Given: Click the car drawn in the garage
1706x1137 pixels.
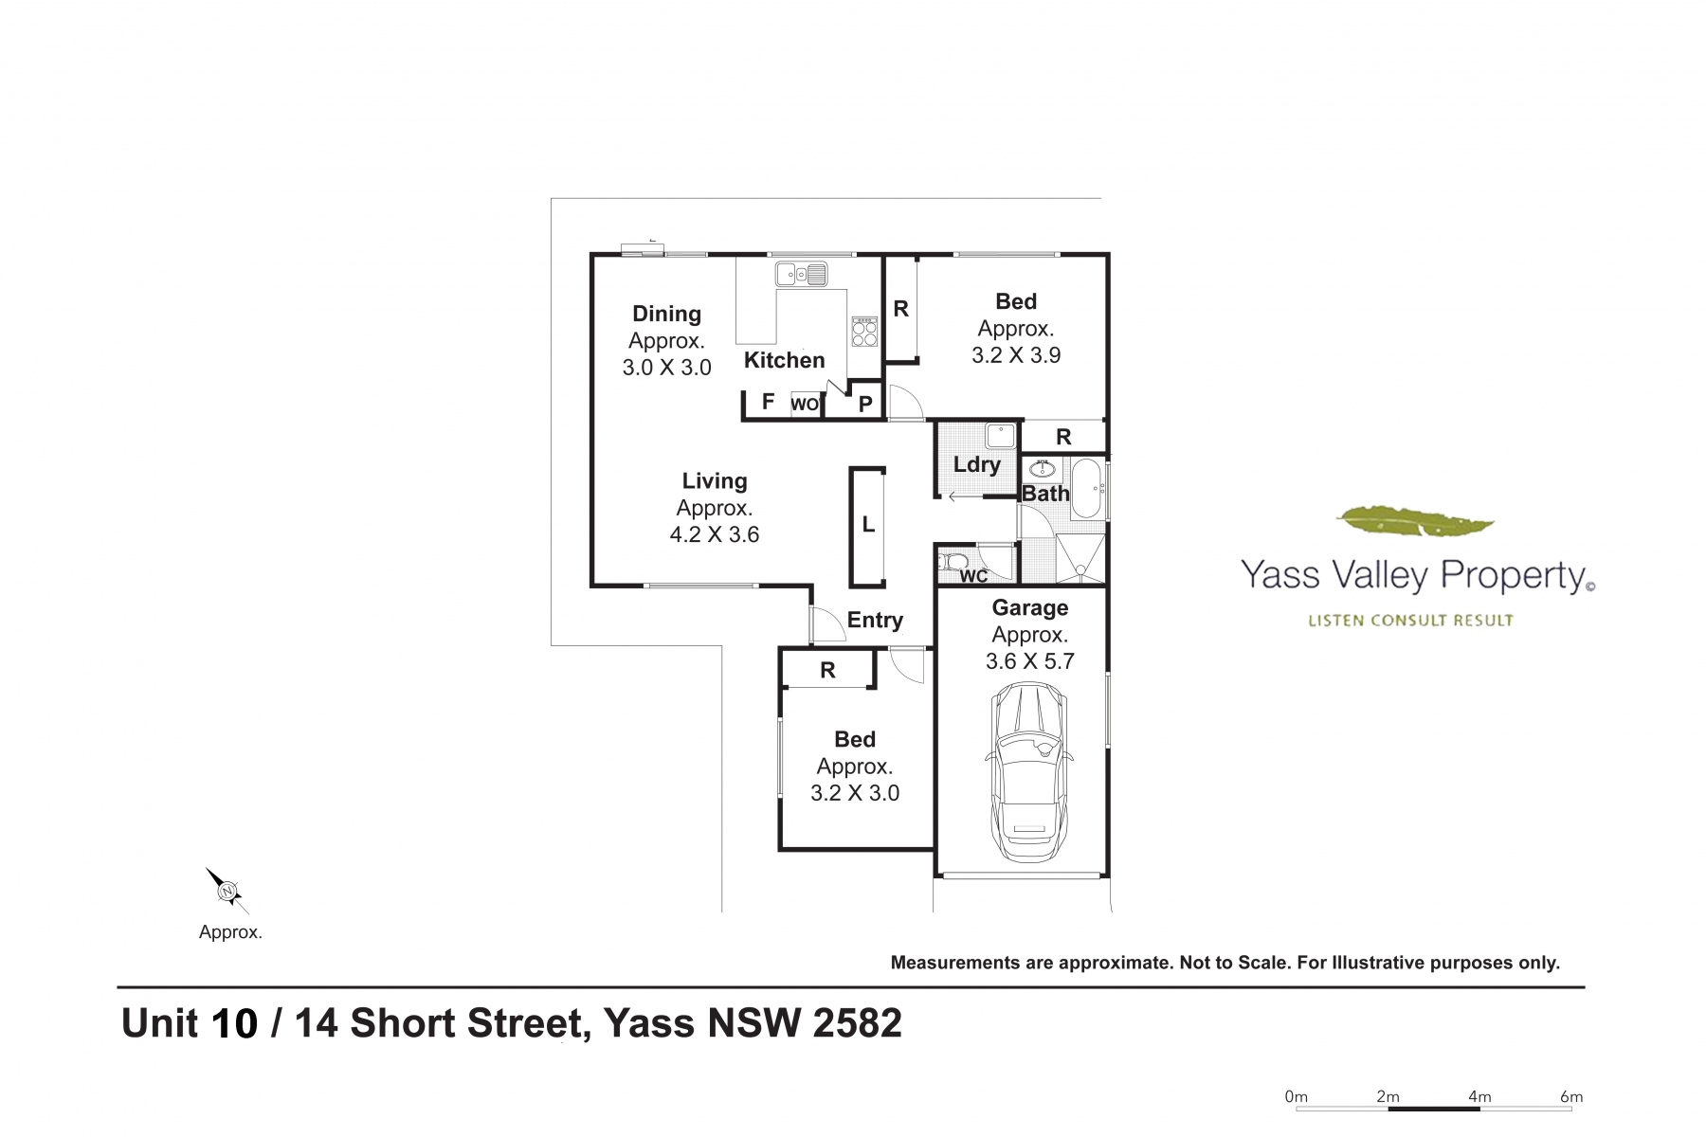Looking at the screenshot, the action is point(1029,772).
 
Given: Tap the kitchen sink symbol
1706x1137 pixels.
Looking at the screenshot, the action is point(801,275).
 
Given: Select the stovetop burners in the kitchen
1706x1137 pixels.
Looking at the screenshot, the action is point(864,332).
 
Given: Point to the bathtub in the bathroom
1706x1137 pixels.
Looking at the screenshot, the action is point(1087,489).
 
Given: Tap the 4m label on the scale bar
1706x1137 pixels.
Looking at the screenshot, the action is point(1479,1096).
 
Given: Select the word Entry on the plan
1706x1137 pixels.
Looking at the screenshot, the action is point(875,620).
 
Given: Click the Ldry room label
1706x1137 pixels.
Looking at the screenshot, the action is point(976,464).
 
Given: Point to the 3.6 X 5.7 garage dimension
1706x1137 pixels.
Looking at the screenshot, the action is point(1029,661).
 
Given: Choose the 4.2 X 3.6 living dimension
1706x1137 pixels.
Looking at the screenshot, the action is point(715,534).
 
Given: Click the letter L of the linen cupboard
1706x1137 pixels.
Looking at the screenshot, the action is point(868,525).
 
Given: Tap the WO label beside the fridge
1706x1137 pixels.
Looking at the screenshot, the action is point(805,405).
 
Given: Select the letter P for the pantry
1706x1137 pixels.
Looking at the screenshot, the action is point(865,405).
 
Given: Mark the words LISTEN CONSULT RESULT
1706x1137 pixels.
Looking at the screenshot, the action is point(1410,621).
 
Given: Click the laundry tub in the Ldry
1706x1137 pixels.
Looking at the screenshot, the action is point(1000,436).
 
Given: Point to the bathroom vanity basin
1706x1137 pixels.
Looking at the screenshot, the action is point(1042,469).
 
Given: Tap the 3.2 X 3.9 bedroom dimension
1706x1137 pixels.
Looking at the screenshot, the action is point(1016,355).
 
